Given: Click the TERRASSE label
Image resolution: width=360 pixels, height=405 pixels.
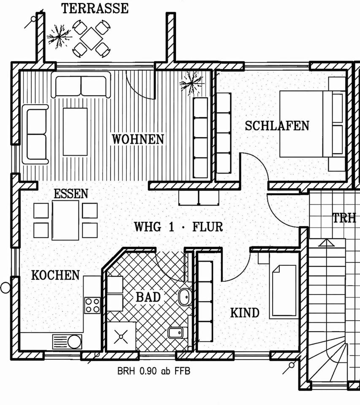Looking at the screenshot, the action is click(95, 8).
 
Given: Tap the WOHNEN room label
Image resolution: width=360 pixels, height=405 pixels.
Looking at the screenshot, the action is click(138, 139).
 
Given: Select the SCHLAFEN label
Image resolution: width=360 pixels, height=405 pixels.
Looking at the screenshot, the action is click(277, 125).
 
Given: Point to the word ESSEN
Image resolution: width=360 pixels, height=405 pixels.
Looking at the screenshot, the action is click(71, 194).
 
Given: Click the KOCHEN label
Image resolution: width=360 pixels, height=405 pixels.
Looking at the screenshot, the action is click(55, 275).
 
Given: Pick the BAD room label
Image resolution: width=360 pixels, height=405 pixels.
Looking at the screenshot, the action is click(148, 297).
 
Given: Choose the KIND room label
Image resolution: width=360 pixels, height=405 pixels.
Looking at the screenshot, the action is click(244, 313).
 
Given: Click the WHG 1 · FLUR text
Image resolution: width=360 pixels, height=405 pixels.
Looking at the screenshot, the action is click(178, 227).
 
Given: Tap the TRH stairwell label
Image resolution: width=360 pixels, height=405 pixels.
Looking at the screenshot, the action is click(344, 218).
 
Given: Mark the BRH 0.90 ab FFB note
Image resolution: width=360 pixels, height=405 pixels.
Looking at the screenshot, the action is click(154, 372).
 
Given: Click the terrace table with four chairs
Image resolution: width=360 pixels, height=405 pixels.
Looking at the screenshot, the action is click(90, 39).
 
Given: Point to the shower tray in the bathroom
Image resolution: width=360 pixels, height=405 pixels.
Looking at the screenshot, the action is click(122, 336).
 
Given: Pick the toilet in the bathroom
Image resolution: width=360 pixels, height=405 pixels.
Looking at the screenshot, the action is click(176, 333).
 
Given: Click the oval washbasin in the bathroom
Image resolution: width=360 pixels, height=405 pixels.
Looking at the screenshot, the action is click(184, 297).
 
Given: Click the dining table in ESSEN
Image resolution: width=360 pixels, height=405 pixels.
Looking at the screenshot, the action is click(65, 220).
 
